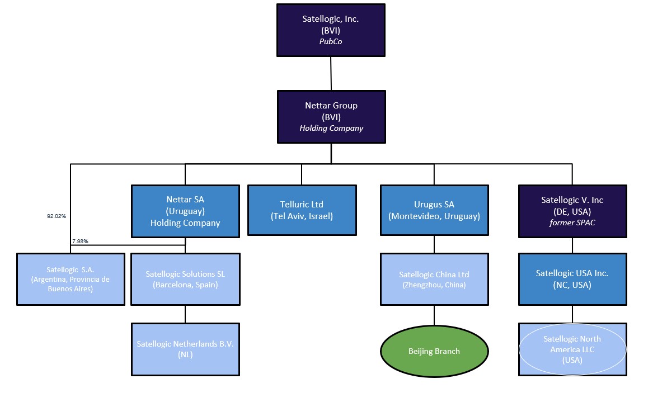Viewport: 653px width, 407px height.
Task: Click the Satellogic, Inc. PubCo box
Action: [x=331, y=30]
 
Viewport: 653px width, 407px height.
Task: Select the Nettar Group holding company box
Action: [x=331, y=116]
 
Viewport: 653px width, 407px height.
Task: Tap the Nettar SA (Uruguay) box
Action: [x=185, y=211]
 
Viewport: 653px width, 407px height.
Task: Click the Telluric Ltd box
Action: [x=302, y=210]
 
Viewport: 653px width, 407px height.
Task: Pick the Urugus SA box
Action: [x=434, y=210]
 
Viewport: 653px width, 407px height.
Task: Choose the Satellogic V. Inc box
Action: [x=572, y=211]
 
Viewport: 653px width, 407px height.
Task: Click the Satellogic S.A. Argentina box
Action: [x=71, y=279]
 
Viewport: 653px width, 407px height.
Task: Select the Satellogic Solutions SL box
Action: [x=185, y=279]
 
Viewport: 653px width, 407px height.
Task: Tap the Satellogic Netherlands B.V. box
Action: [x=185, y=348]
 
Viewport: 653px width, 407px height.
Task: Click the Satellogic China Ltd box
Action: [x=434, y=279]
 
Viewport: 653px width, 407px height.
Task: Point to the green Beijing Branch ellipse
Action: [x=434, y=351]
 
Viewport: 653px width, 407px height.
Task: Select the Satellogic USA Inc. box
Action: [x=572, y=279]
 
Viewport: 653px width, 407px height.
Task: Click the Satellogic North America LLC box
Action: [x=572, y=349]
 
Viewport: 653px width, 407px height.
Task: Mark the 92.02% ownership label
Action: [x=56, y=215]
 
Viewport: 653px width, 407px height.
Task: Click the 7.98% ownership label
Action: [x=80, y=241]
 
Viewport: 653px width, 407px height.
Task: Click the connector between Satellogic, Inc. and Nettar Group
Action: [x=331, y=73]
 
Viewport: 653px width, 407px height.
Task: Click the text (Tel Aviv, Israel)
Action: [x=302, y=216]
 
